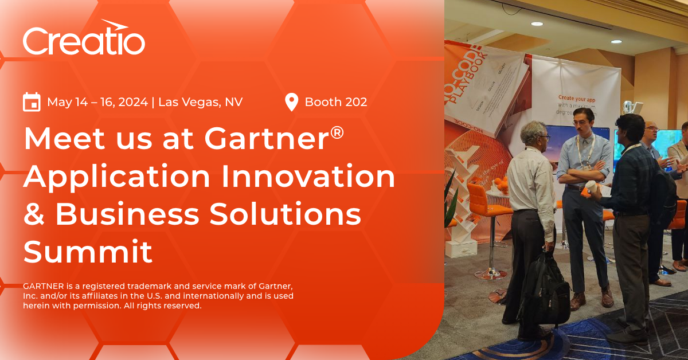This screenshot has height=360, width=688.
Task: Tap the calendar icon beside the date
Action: click(32, 102)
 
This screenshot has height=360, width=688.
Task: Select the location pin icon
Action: click(291, 102)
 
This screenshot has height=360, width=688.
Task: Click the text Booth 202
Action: click(336, 102)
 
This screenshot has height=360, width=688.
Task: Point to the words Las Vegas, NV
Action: click(200, 102)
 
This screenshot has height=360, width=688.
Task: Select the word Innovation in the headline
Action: click(318, 177)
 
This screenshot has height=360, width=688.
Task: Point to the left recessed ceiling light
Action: click(537, 24)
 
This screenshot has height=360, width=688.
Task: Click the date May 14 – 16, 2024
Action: click(97, 102)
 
